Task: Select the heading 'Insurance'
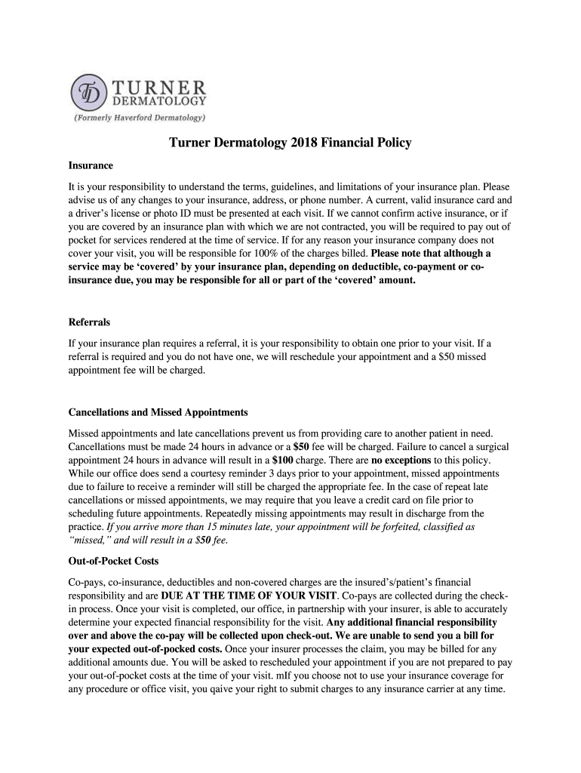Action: click(91, 165)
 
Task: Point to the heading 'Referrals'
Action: click(89, 322)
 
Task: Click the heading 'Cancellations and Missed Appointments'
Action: click(158, 413)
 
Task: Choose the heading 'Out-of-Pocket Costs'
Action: click(113, 562)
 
